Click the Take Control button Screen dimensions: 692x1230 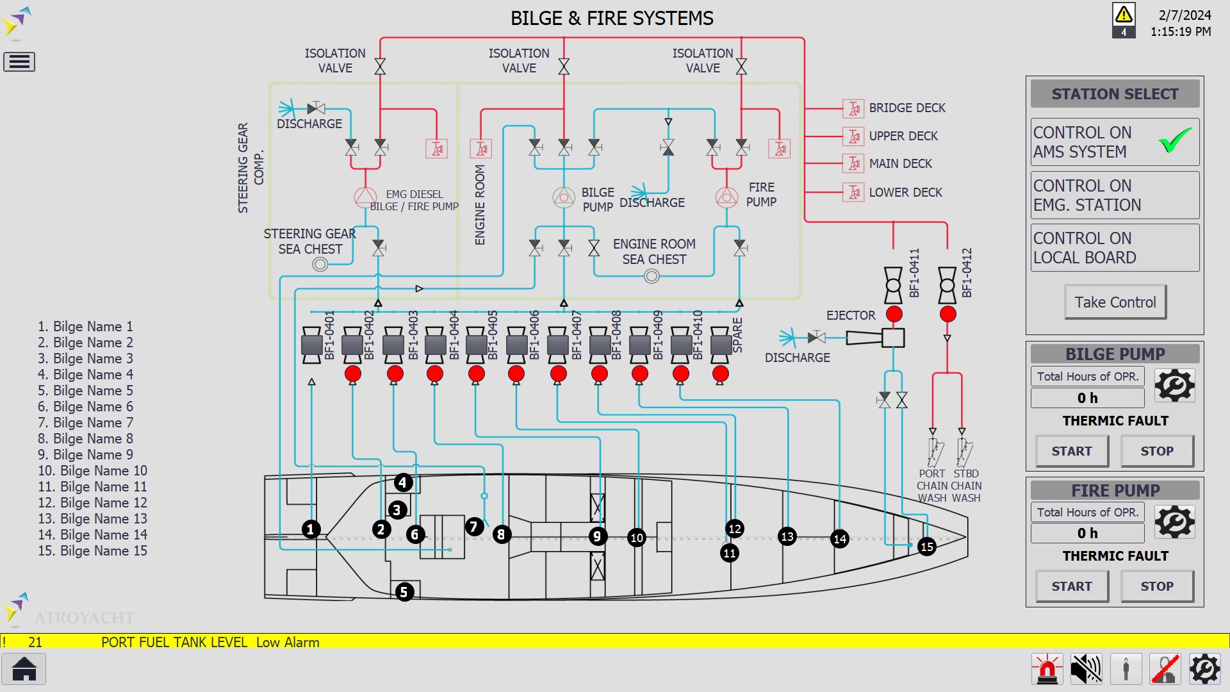(1115, 302)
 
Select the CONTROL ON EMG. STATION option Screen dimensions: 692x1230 (1115, 195)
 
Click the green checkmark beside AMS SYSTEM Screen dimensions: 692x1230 (1176, 140)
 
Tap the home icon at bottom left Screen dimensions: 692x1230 (24, 669)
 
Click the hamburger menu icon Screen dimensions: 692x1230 (19, 62)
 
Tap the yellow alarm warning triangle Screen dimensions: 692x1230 (1124, 15)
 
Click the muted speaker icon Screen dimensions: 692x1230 (1086, 670)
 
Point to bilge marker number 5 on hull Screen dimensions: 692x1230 (404, 592)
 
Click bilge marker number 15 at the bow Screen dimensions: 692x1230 (926, 547)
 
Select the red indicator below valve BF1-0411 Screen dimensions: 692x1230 (894, 314)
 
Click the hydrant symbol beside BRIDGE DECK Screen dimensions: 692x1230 (853, 108)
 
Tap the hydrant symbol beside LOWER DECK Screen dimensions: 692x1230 (853, 192)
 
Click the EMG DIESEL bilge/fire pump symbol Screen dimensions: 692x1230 (366, 197)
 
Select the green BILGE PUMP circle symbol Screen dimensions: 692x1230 (564, 197)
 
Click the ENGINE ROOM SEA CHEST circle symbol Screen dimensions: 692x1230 (652, 276)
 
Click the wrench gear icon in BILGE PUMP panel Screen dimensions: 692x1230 (1174, 386)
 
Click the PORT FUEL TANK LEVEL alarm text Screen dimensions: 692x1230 (174, 642)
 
